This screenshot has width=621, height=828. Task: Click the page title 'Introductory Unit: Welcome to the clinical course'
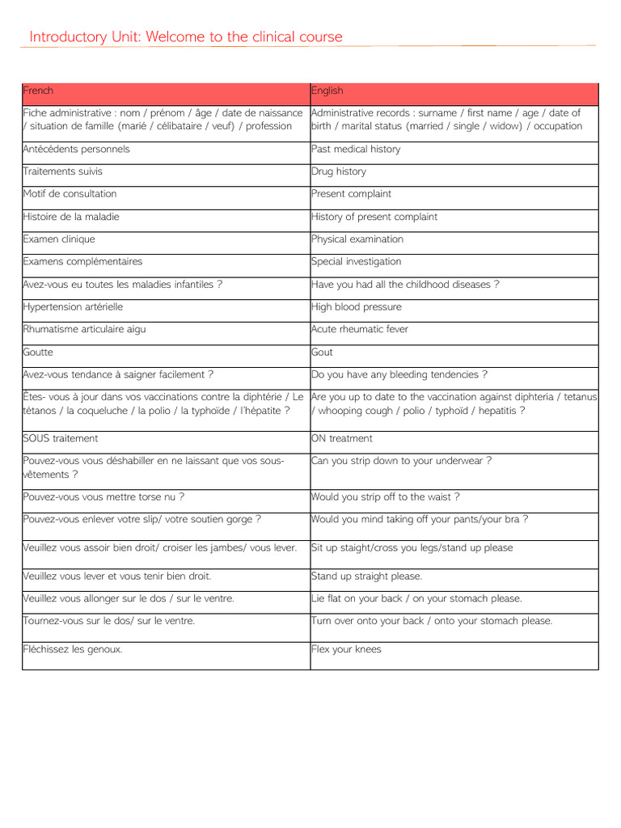pyautogui.click(x=186, y=37)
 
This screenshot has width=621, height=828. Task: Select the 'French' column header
pyautogui.click(x=38, y=91)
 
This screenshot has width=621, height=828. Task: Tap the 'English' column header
pyautogui.click(x=327, y=91)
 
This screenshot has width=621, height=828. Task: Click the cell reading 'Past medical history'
pyautogui.click(x=356, y=149)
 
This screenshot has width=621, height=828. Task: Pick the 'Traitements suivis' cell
pyautogui.click(x=63, y=171)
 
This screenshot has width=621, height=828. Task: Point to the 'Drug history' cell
pyautogui.click(x=339, y=171)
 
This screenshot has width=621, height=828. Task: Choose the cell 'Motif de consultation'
pyautogui.click(x=70, y=194)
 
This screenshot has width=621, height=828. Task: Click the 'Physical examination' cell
pyautogui.click(x=357, y=239)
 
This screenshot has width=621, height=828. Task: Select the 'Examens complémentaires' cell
pyautogui.click(x=82, y=262)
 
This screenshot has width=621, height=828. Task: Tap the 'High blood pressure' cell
pyautogui.click(x=357, y=307)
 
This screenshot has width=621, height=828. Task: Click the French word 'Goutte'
pyautogui.click(x=38, y=353)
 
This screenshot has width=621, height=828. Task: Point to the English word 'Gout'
pyautogui.click(x=322, y=353)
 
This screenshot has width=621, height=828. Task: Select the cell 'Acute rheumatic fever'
pyautogui.click(x=360, y=330)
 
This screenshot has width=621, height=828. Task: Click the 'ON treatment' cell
pyautogui.click(x=342, y=438)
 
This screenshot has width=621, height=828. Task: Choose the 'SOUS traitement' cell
pyautogui.click(x=61, y=438)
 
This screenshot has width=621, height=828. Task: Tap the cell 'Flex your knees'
pyautogui.click(x=346, y=649)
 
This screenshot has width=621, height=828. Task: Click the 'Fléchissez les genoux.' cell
pyautogui.click(x=73, y=649)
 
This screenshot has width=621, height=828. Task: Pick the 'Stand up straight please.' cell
pyautogui.click(x=367, y=577)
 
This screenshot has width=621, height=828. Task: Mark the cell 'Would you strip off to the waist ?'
pyautogui.click(x=386, y=497)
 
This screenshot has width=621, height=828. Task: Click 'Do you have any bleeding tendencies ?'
pyautogui.click(x=399, y=375)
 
